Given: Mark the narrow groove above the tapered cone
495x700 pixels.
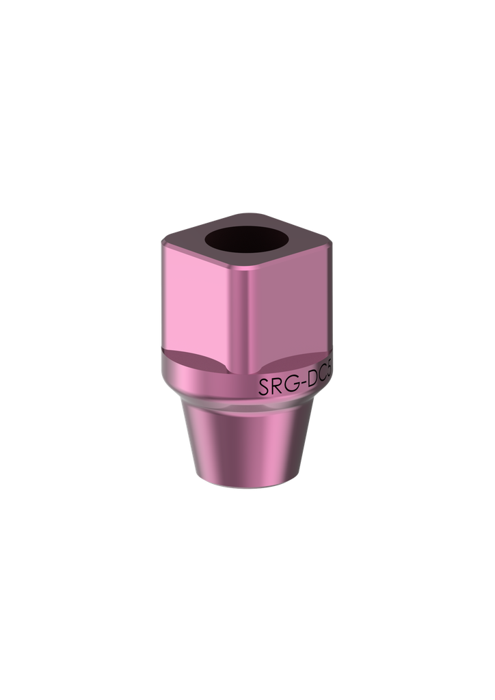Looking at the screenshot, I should click(246, 407).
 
